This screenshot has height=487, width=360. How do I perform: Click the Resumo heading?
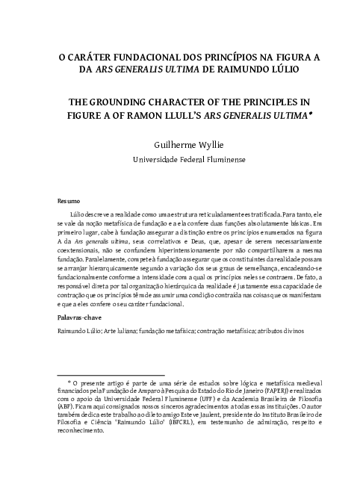coord(69,201)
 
